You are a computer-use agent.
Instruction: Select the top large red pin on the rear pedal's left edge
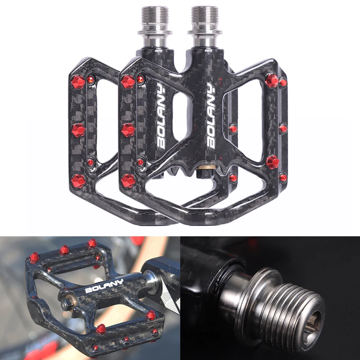78,82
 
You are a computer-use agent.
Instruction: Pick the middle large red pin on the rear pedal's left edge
78,131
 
